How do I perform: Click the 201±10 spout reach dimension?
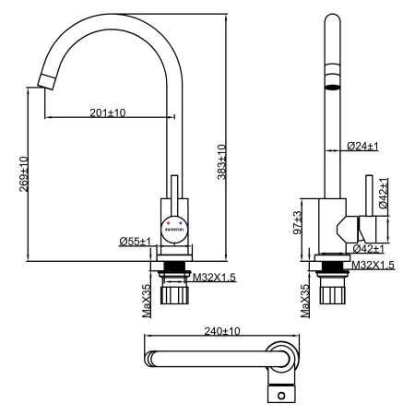click(108, 112)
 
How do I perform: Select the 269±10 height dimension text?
click(23, 173)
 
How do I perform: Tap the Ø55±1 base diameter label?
click(136, 241)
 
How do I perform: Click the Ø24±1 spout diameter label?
click(364, 146)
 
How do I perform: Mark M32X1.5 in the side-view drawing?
click(373, 266)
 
